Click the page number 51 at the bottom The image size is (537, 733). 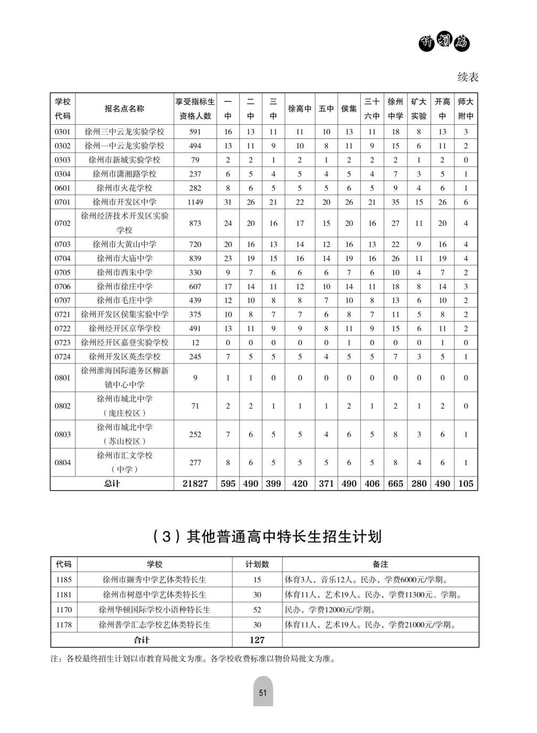pyautogui.click(x=263, y=692)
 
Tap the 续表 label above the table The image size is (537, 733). pyautogui.click(x=468, y=77)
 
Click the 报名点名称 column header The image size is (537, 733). pyautogui.click(x=124, y=109)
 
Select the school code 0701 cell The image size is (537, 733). pyautogui.click(x=62, y=202)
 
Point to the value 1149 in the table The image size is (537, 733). pyautogui.click(x=195, y=202)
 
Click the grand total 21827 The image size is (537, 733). pyautogui.click(x=195, y=483)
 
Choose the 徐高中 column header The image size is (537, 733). pyautogui.click(x=300, y=109)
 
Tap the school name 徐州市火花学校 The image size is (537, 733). pyautogui.click(x=124, y=188)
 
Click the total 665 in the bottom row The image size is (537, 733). pyautogui.click(x=395, y=483)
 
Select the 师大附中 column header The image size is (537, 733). pyautogui.click(x=466, y=109)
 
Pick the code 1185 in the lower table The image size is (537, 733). pyautogui.click(x=63, y=579)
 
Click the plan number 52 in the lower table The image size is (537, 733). pyautogui.click(x=257, y=610)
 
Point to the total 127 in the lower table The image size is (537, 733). pyautogui.click(x=257, y=640)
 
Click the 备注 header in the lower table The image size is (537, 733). pyautogui.click(x=380, y=564)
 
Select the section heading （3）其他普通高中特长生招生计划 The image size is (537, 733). pyautogui.click(x=267, y=536)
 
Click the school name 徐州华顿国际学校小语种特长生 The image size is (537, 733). pyautogui.click(x=155, y=610)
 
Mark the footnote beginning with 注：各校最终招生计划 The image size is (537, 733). pyautogui.click(x=192, y=659)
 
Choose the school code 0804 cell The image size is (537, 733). pyautogui.click(x=62, y=462)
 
